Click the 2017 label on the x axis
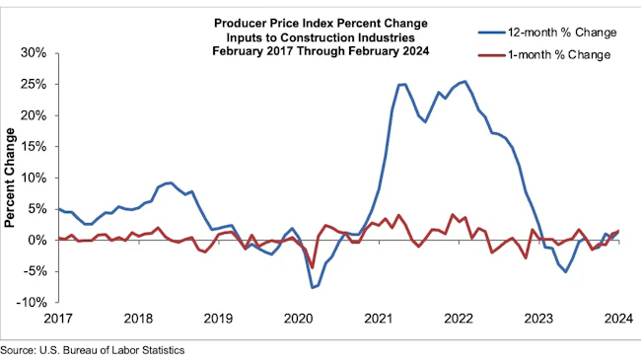pos(58,320)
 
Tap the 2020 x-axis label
pos(297,320)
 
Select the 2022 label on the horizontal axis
pos(456,320)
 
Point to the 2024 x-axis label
pos(615,320)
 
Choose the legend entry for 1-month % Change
pos(556,54)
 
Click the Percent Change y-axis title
pos(12,178)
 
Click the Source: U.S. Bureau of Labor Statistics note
pos(93,349)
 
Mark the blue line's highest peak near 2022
pos(464,81)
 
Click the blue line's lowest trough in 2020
pos(313,287)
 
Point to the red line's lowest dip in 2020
pos(313,267)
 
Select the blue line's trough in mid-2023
pos(565,271)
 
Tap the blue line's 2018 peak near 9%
pos(170,182)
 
